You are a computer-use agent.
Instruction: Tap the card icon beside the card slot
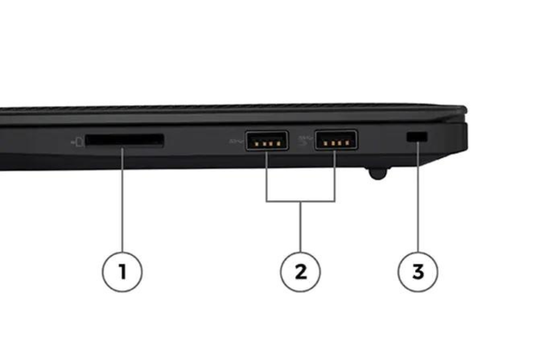(x=77, y=142)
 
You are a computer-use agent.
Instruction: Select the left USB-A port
(x=266, y=141)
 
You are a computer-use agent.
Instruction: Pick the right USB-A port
(x=336, y=140)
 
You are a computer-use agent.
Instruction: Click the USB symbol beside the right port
(x=306, y=140)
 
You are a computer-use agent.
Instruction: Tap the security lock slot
(x=417, y=137)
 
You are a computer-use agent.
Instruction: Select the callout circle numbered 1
(x=122, y=272)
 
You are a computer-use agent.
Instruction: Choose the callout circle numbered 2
(x=301, y=272)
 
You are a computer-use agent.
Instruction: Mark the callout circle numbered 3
(x=418, y=272)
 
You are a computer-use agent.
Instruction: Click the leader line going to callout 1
(x=122, y=200)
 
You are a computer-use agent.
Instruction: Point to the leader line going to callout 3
(x=418, y=197)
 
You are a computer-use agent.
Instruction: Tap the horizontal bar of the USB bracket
(x=301, y=201)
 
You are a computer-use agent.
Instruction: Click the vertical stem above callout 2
(x=301, y=227)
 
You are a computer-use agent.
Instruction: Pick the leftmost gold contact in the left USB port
(x=257, y=144)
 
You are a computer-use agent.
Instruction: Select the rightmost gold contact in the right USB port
(x=347, y=143)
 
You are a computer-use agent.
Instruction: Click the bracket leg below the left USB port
(x=266, y=176)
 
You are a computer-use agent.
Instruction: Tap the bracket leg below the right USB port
(x=335, y=176)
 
